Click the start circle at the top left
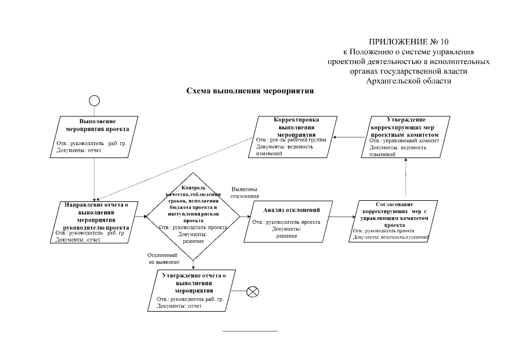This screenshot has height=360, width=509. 94,100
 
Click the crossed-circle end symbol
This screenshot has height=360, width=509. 253,291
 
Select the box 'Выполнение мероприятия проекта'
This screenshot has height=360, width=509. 93,136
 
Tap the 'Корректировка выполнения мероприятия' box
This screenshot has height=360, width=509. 290,136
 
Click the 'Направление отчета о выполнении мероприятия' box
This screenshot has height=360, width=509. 93,222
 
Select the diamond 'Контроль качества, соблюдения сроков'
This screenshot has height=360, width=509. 193,216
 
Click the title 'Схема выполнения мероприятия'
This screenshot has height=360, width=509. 250,90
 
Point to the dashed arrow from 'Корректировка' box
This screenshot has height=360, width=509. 174,169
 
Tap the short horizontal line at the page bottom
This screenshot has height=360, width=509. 250,331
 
